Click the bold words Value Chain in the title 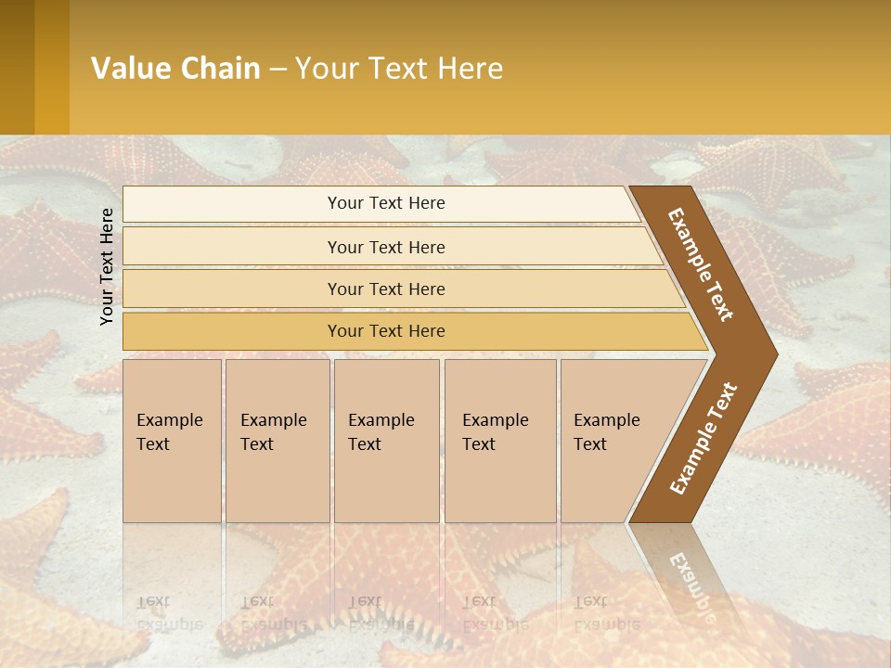coord(175,69)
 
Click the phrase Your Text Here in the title coord(399,69)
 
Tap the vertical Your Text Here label coord(107,266)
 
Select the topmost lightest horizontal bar coord(385,203)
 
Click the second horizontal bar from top coord(385,247)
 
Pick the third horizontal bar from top coord(385,289)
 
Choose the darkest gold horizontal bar coord(385,331)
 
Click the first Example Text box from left coord(172,441)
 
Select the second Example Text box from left coord(277,441)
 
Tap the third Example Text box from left coord(385,441)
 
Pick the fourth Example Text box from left coord(499,441)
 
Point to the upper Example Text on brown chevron coord(701,264)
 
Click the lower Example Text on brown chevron coord(704,439)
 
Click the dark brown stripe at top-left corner coord(17,67)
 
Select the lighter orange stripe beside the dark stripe coord(52,67)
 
